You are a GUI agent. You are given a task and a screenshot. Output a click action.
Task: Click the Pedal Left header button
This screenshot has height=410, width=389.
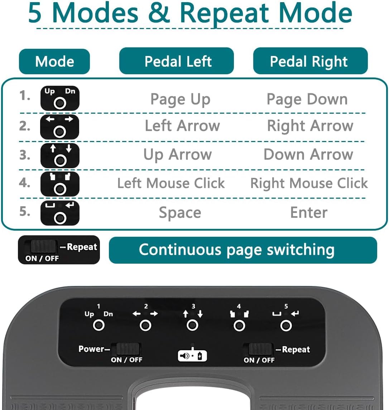coord(177,61)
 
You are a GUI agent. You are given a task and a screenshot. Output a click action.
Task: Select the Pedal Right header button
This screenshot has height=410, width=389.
coord(311,61)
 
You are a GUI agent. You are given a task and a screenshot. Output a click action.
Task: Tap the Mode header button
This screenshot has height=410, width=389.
coord(54,61)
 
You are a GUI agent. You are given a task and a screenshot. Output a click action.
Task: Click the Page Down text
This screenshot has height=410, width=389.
coord(307,99)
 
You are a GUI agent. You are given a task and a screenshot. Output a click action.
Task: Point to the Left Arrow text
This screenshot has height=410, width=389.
coord(182,126)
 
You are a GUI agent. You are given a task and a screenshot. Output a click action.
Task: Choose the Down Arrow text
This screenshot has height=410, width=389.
coord(308,154)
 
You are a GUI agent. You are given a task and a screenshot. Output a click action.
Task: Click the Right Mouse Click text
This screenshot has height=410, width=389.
coord(309,183)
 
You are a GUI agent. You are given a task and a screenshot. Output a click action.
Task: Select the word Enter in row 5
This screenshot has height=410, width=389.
coord(309,212)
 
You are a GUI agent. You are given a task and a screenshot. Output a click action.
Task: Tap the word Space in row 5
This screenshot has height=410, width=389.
coord(180,213)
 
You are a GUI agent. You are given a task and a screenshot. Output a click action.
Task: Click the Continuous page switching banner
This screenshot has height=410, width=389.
coord(243,250)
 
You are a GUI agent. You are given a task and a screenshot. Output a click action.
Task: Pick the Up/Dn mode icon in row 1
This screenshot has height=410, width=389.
coord(60,98)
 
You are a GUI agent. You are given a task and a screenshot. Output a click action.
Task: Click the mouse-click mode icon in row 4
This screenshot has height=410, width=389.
coord(60,184)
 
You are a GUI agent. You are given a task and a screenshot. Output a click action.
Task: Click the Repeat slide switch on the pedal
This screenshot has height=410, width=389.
coord(260,349)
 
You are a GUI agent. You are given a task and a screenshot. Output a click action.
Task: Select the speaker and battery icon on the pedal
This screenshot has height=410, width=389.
coord(192,355)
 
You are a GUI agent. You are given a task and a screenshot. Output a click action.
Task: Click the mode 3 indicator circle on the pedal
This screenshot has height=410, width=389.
coord(192,326)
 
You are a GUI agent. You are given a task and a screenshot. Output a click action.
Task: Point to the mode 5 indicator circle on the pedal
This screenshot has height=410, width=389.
coord(286,326)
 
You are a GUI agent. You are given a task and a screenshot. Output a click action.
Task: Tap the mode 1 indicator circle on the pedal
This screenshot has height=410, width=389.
coord(99,326)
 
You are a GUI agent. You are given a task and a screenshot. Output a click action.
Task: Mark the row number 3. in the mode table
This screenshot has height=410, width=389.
coord(25,155)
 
